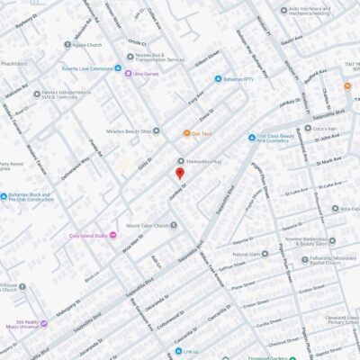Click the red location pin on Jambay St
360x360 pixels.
coord(179,173)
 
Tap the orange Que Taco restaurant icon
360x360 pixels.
coord(186,133)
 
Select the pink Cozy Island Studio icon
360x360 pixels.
coord(112,236)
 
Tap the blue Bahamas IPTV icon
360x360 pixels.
coord(218,78)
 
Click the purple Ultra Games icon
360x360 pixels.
coord(129,73)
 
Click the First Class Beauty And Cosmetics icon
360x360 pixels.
coord(250,138)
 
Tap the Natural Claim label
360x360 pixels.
coord(251,254)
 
